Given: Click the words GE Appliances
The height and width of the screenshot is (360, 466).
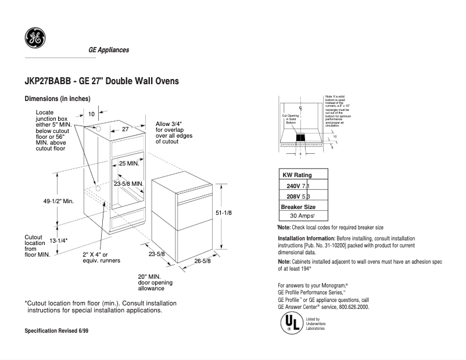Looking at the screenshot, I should pyautogui.click(x=108, y=50).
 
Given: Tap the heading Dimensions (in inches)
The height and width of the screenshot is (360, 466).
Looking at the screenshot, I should pyautogui.click(x=58, y=99).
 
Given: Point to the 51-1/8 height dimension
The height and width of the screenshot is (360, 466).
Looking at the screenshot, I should pyautogui.click(x=224, y=213).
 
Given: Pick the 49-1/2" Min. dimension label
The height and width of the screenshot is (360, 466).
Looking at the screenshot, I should pyautogui.click(x=59, y=201).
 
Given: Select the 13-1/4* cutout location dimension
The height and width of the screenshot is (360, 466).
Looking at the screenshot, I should pyautogui.click(x=59, y=240).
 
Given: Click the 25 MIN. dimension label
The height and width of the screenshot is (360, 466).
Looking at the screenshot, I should pyautogui.click(x=129, y=164).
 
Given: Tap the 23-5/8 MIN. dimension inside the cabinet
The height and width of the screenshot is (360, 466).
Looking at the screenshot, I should pyautogui.click(x=129, y=183).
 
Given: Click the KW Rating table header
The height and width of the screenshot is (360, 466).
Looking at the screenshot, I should pyautogui.click(x=297, y=175).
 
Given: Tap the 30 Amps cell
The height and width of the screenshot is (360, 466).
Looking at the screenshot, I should pyautogui.click(x=304, y=215).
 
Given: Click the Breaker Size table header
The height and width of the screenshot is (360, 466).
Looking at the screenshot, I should pyautogui.click(x=299, y=206).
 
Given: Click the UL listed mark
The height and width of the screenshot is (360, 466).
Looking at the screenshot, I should pyautogui.click(x=291, y=323).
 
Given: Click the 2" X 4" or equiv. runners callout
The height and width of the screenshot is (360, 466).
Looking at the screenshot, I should pyautogui.click(x=101, y=257).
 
